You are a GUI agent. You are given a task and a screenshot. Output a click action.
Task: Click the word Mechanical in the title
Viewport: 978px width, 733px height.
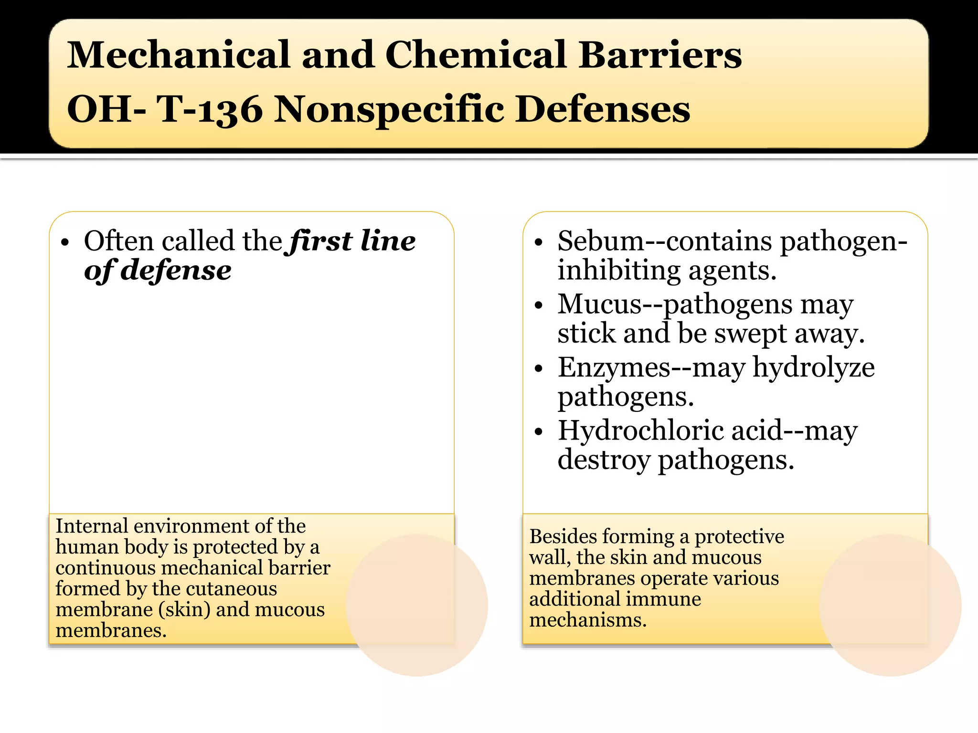click(x=178, y=54)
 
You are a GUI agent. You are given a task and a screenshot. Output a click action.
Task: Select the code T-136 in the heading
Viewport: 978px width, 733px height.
click(x=210, y=109)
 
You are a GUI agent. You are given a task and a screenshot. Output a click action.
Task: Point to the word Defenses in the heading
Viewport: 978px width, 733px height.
click(x=603, y=109)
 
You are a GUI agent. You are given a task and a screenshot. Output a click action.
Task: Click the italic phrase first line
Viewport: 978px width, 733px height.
click(x=352, y=241)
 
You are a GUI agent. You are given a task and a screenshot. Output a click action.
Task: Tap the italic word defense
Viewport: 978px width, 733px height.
click(x=176, y=271)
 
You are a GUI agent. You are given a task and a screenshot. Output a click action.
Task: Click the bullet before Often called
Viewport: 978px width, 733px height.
click(x=65, y=242)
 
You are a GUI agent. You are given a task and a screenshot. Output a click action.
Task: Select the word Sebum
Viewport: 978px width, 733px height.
click(x=601, y=241)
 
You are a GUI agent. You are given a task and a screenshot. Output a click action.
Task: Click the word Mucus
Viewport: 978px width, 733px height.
click(x=600, y=304)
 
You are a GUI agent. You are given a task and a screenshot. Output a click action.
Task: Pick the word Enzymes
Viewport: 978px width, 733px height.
click(x=614, y=367)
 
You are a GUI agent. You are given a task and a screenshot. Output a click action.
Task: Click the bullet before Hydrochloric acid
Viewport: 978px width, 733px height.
click(x=539, y=432)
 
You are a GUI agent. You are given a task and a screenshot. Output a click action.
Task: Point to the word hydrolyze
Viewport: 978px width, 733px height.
click(x=813, y=367)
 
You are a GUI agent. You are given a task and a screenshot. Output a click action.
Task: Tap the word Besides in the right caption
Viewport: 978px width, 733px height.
click(x=560, y=536)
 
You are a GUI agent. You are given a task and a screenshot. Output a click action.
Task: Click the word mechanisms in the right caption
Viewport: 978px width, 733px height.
click(x=587, y=620)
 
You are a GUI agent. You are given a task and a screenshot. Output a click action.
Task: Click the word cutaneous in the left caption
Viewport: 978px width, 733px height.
click(x=231, y=588)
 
